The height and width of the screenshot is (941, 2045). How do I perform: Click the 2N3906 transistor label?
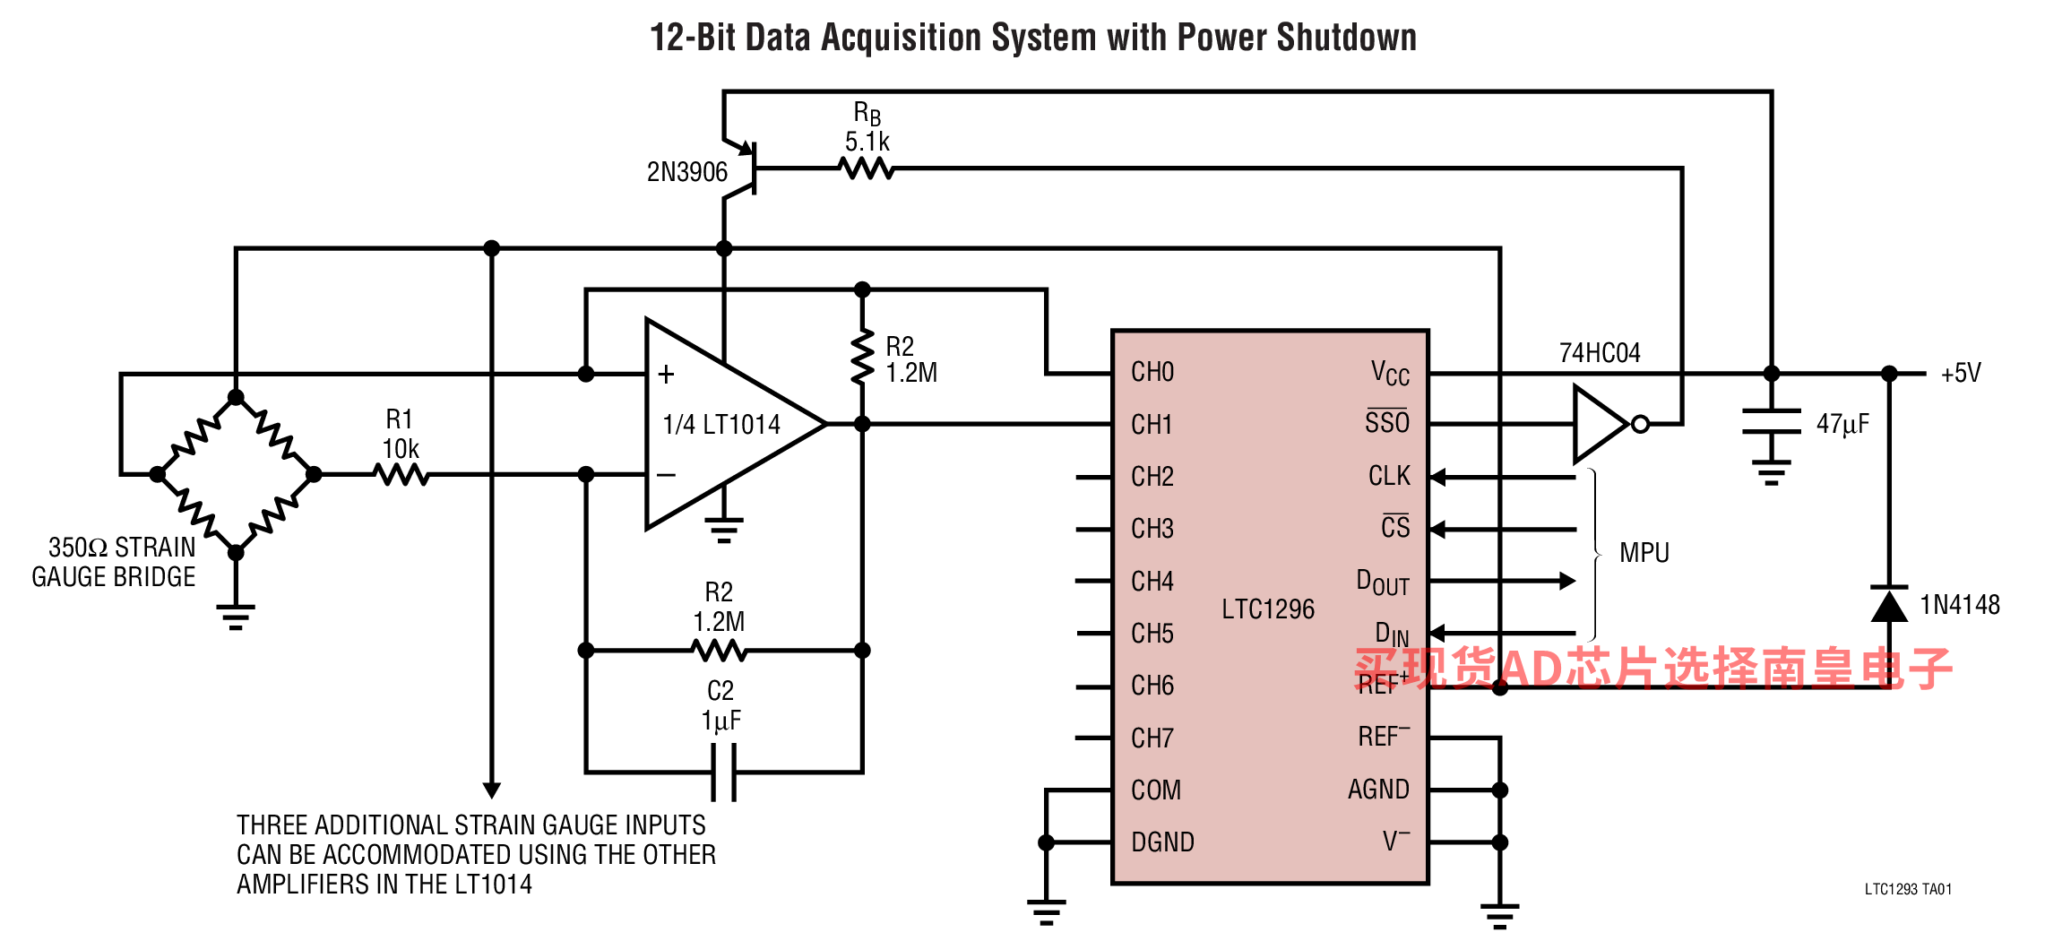click(687, 171)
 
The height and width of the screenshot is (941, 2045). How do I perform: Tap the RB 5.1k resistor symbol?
click(867, 168)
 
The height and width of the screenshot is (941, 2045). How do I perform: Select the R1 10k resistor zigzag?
click(402, 474)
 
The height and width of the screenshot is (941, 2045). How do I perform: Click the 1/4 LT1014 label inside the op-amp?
click(721, 424)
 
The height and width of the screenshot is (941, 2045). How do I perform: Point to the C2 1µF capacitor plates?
click(724, 772)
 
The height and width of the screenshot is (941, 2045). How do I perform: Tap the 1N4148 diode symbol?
click(1889, 603)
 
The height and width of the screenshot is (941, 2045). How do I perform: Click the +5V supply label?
click(1961, 373)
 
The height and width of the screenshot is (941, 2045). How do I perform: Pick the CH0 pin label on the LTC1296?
click(1152, 372)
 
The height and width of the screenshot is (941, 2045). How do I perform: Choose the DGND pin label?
click(1163, 842)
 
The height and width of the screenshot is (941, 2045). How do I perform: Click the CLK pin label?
click(1389, 476)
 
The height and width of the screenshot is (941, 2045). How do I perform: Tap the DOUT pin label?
click(1383, 583)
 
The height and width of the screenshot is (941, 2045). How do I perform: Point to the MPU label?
click(1644, 553)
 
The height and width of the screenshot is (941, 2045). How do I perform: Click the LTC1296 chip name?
click(1268, 609)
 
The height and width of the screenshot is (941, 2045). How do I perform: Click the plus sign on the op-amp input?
click(666, 374)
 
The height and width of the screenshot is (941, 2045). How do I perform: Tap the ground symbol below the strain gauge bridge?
click(236, 617)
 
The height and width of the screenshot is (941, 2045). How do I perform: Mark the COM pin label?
click(1156, 790)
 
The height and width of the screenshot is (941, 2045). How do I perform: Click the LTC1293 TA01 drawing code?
click(1908, 889)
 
